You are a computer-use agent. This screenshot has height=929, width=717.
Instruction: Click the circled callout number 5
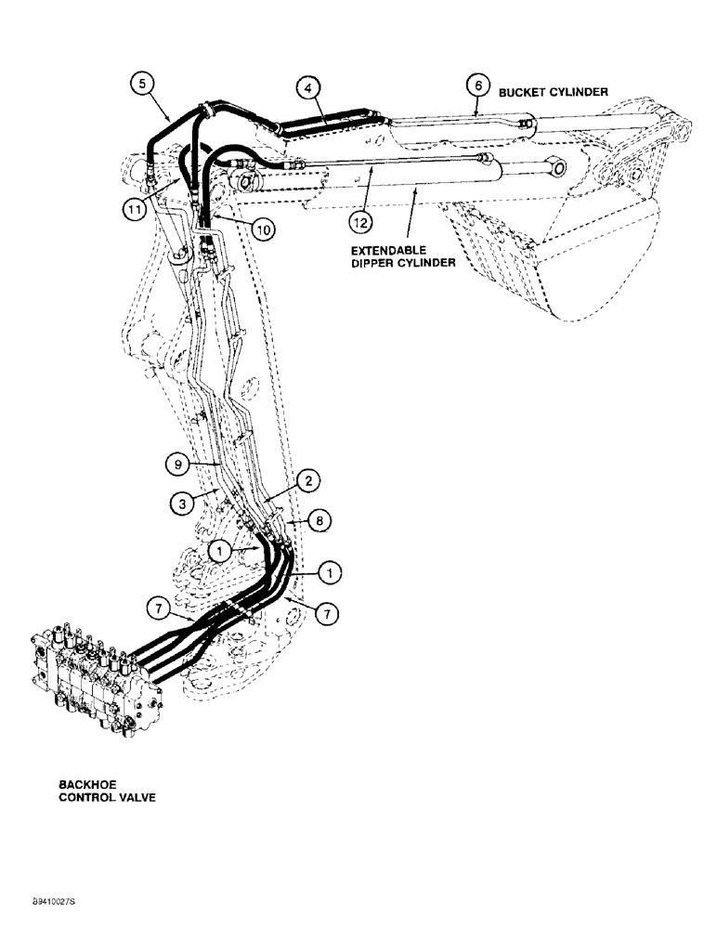pos(141,85)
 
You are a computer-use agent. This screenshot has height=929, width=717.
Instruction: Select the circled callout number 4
pos(309,88)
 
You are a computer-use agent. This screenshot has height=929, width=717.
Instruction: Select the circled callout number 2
pos(308,480)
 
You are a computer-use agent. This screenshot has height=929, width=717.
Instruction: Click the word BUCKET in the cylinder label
pos(523,93)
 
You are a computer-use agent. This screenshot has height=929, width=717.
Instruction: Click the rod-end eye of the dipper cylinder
pos(554,168)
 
